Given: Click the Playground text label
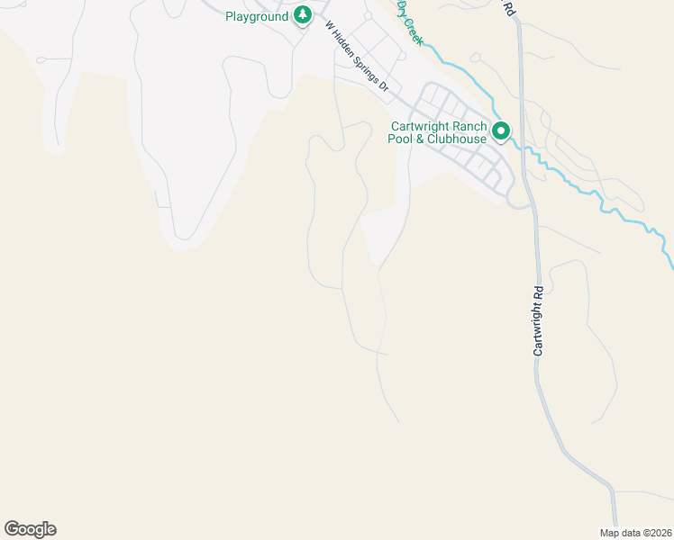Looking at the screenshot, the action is point(257,16).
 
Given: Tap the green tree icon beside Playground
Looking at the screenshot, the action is point(303,15).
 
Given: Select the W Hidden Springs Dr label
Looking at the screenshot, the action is point(356,58).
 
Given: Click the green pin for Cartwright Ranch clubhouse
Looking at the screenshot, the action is point(501,132).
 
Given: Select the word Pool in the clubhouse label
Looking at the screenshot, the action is point(399,139).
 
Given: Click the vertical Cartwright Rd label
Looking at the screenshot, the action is point(539,320).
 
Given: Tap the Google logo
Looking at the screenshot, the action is point(30,529).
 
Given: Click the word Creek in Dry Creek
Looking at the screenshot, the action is point(414,27).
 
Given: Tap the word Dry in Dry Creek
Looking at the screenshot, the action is point(403,9).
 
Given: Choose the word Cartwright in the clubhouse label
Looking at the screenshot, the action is point(421,126).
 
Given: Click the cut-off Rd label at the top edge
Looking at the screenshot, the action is point(509,7).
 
